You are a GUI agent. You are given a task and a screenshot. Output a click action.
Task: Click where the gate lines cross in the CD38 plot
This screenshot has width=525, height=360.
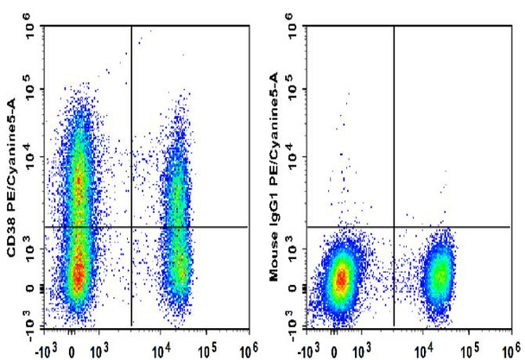coord(131,227)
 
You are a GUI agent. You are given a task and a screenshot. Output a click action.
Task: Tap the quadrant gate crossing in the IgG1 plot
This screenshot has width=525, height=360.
coord(394,227)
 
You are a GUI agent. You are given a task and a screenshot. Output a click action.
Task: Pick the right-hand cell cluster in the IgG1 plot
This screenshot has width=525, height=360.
coord(440,275)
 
